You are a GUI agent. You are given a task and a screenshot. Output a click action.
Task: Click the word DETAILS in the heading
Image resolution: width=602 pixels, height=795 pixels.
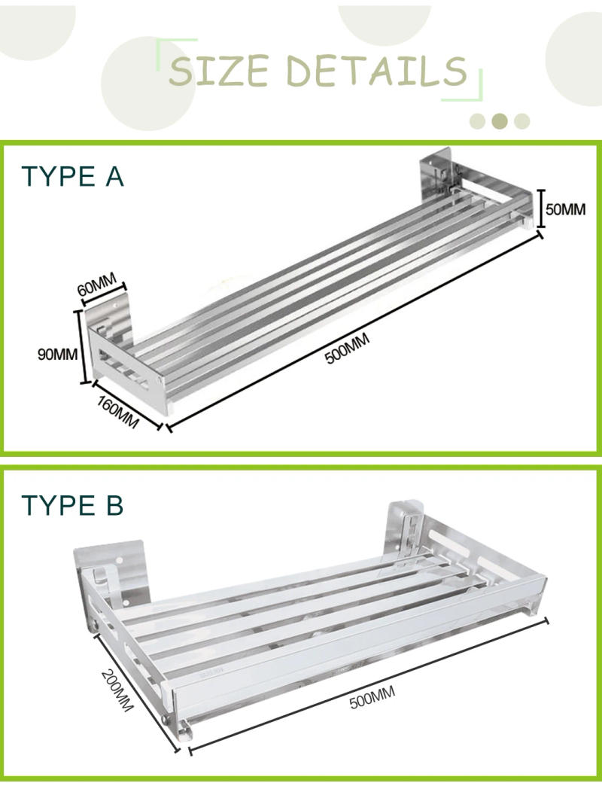[376, 71]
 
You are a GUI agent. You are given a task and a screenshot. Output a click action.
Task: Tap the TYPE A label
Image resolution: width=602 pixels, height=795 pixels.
[72, 176]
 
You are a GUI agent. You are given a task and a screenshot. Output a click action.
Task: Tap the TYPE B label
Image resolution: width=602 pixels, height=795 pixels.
[72, 506]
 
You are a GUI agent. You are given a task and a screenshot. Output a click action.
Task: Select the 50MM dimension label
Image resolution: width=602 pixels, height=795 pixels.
[565, 209]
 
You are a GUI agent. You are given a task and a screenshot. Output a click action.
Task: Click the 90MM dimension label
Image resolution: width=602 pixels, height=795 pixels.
[57, 353]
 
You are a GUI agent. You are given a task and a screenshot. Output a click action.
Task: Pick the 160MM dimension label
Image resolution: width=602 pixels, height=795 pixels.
[118, 413]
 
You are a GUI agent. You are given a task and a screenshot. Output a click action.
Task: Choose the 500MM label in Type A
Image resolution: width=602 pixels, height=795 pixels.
[348, 350]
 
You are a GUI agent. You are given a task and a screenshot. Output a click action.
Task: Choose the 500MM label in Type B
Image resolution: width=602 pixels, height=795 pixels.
[372, 699]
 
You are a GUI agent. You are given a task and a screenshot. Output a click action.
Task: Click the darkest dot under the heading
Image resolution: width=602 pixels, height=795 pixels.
[499, 120]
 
